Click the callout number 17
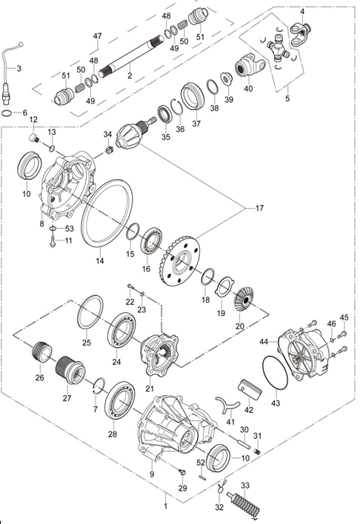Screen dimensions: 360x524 (x=259, y=208)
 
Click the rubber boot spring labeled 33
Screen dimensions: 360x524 (x=244, y=503)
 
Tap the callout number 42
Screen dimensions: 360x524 (x=249, y=409)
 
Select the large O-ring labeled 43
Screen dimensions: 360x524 (x=276, y=372)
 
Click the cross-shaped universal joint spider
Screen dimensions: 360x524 (x=277, y=48)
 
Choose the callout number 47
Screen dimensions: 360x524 (x=97, y=36)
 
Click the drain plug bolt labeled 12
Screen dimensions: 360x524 (x=34, y=138)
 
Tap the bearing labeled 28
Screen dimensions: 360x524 (x=120, y=400)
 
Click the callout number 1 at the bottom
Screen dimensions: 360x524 (x=165, y=506)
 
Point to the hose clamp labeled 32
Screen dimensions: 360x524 (x=221, y=486)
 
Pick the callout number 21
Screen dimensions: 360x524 (x=150, y=389)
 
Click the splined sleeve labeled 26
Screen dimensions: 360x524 (x=41, y=352)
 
